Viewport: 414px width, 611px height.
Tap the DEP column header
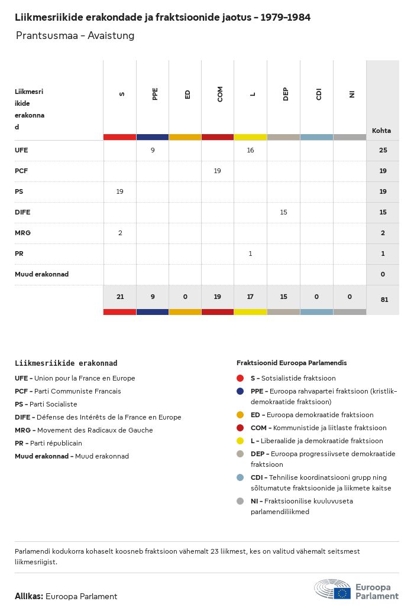pos(286,94)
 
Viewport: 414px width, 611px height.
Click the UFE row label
pos(21,150)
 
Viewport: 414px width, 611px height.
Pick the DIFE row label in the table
pos(22,212)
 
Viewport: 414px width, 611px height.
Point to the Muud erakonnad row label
pos(41,274)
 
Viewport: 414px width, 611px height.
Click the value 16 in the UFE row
pos(250,150)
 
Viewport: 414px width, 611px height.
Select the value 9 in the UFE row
pos(153,150)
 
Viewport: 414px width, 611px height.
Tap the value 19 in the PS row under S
pos(119,191)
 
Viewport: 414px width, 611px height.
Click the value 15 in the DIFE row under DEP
pos(283,212)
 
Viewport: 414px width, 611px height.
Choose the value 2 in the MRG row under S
pos(120,233)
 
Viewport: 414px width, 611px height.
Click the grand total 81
pos(384,300)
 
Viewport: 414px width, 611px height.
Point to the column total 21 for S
pos(120,297)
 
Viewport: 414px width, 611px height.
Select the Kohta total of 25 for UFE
pos(383,150)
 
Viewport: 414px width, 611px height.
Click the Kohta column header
pos(381,131)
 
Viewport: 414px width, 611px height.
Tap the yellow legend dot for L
pos(240,441)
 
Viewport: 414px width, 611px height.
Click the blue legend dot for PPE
pos(240,391)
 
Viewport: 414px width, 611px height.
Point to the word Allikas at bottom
pos(28,596)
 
